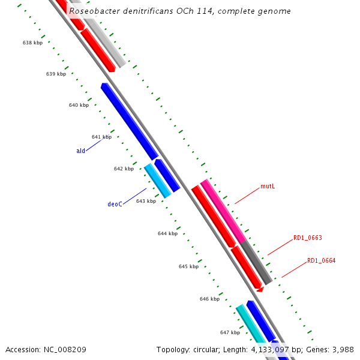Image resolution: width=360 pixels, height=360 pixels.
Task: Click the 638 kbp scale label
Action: tap(32, 43)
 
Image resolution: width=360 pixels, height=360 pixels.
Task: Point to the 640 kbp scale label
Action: tap(79, 105)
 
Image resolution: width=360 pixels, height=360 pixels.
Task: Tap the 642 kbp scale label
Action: tap(124, 169)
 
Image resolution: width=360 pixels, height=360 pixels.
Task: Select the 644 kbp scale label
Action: tap(167, 233)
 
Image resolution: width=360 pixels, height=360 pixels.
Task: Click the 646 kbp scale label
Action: tap(209, 299)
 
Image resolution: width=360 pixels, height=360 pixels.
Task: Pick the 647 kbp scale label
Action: tap(230, 332)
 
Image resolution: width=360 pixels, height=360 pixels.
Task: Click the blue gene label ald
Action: tap(80, 151)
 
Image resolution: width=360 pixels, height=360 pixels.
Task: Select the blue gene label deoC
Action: tap(115, 204)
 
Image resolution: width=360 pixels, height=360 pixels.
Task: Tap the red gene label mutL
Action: tap(268, 187)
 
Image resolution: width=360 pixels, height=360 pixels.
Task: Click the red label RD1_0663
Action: tap(307, 238)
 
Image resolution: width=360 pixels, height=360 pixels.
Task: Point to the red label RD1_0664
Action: tap(321, 260)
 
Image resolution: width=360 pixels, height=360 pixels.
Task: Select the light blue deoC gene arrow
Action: tap(158, 181)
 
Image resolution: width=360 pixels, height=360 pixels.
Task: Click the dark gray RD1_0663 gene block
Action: tap(256, 262)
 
